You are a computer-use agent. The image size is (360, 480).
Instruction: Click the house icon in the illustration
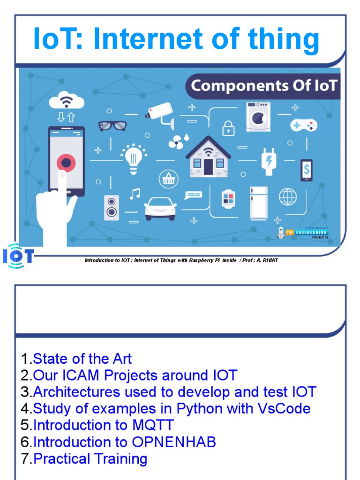pos(208,157)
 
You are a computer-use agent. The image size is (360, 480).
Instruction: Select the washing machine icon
pos(258,117)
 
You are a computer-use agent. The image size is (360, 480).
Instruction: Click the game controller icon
pos(304,125)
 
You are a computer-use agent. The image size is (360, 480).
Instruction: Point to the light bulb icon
pos(133,158)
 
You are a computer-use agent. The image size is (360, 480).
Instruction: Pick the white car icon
pos(160,208)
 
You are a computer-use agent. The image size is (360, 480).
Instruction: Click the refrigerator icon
pos(258,202)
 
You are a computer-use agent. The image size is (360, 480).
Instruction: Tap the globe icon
pos(288,197)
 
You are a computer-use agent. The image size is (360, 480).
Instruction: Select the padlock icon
pos(228,127)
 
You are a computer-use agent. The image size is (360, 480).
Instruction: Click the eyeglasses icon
pos(112,126)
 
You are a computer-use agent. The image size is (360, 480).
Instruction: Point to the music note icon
pos(135,194)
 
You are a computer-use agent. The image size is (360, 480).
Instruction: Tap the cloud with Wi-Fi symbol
pos(66,100)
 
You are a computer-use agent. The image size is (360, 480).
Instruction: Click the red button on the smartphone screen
pos(66,163)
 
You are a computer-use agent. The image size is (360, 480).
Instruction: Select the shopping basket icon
pos(167,179)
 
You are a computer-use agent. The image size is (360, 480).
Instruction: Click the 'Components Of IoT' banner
pos(264,86)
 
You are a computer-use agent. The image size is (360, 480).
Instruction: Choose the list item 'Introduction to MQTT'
pos(104,425)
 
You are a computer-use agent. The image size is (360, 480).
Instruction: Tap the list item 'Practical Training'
pos(90,458)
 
